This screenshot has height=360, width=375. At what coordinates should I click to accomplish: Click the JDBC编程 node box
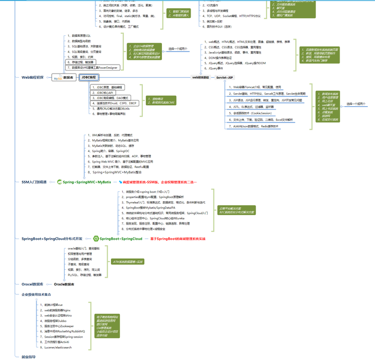88,77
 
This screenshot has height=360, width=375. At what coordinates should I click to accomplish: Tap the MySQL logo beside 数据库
56,78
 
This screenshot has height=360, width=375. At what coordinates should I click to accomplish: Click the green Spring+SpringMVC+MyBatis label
86,182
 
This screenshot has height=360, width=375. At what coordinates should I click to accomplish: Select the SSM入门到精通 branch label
34,182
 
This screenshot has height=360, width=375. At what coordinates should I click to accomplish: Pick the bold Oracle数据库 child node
64,284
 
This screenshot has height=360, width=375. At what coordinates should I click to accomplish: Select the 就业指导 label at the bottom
29,357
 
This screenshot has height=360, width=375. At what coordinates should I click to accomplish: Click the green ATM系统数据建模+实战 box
128,262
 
